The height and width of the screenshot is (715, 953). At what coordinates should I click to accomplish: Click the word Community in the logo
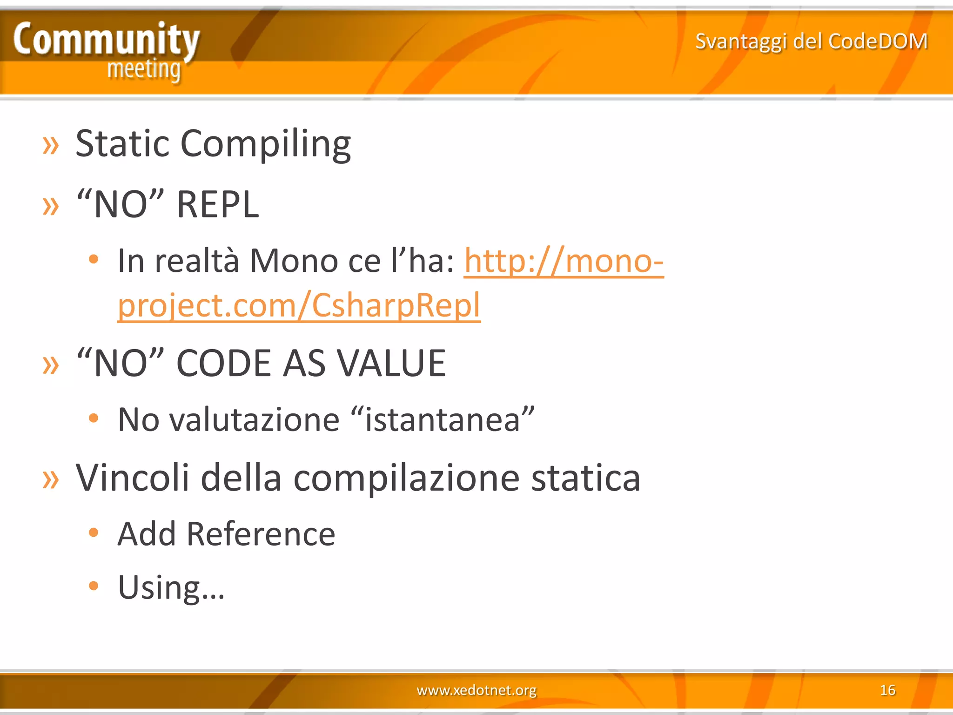click(106, 39)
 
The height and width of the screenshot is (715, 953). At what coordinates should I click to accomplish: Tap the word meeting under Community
click(144, 70)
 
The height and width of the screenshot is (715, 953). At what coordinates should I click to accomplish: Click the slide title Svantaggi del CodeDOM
click(811, 41)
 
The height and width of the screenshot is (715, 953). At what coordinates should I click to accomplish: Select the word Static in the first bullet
click(122, 143)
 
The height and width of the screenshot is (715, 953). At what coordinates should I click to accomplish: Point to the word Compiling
click(265, 144)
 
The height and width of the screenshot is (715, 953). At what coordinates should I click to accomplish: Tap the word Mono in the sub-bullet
click(294, 261)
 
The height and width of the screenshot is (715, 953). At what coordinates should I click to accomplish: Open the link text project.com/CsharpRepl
click(299, 305)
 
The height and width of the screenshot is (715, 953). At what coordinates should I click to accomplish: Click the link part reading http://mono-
click(564, 261)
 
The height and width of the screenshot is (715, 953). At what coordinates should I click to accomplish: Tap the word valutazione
click(254, 419)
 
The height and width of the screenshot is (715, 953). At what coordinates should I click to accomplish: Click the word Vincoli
click(132, 478)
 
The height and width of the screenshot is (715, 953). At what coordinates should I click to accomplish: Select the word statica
click(585, 478)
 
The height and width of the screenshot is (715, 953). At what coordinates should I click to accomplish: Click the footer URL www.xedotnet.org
click(476, 689)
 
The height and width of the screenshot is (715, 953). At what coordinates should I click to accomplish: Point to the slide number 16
click(887, 689)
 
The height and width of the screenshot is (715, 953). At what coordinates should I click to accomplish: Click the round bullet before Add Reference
click(94, 532)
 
